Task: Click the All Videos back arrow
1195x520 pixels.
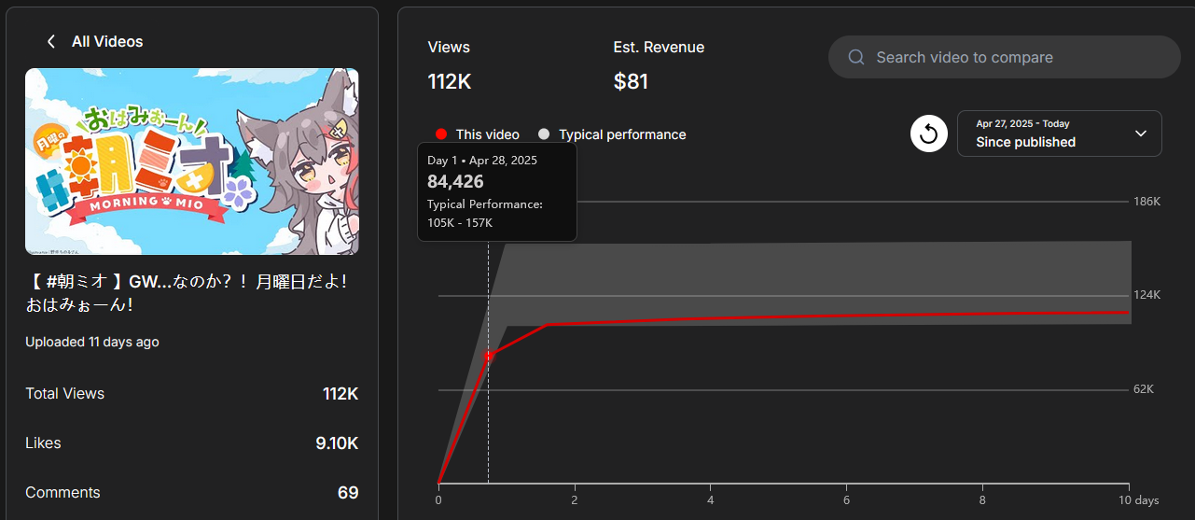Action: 51,42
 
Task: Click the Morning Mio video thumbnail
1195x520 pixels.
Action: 191,161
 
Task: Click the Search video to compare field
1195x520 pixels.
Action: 1004,57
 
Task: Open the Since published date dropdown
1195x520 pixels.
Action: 1059,134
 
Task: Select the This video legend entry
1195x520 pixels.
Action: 478,134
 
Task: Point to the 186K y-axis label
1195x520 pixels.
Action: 1146,202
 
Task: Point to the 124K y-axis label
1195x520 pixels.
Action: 1146,295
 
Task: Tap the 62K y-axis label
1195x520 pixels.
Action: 1144,389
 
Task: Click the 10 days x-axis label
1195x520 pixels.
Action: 1140,500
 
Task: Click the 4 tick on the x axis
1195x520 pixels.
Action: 711,500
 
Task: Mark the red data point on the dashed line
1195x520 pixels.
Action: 488,356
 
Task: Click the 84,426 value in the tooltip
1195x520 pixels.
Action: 455,181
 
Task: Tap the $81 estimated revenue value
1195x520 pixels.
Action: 631,81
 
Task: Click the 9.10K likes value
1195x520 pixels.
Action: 337,443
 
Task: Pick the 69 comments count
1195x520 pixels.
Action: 348,493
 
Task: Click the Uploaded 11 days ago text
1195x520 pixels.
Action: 91,343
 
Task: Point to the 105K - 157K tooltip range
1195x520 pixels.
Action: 460,223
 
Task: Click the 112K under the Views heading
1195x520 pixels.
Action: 450,81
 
